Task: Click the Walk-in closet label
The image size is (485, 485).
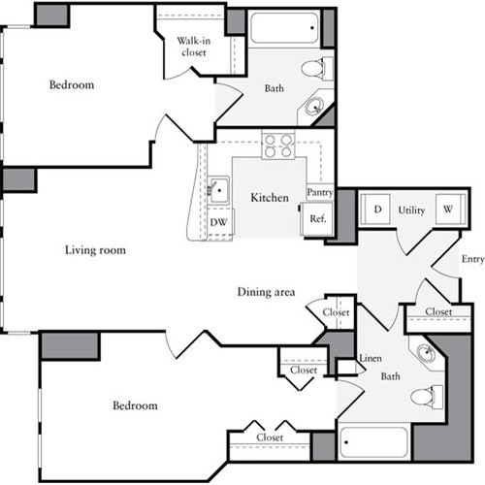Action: point(194,47)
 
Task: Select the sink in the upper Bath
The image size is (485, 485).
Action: point(316,107)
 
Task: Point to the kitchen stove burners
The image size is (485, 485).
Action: point(277,145)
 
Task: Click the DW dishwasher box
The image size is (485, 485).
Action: point(219,221)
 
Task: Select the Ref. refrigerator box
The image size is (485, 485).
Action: point(317,220)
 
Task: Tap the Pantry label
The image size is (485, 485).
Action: point(320,192)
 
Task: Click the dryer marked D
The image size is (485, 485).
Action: point(376,210)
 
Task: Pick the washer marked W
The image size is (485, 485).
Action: point(448,210)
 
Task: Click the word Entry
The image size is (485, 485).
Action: point(472,259)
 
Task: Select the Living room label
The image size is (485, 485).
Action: point(95,250)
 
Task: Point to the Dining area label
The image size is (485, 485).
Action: point(266,292)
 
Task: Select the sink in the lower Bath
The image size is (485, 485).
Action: point(425,353)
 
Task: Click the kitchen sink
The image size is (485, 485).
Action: point(219,188)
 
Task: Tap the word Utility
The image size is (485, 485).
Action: point(412,210)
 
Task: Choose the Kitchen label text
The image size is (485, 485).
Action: point(270,198)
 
